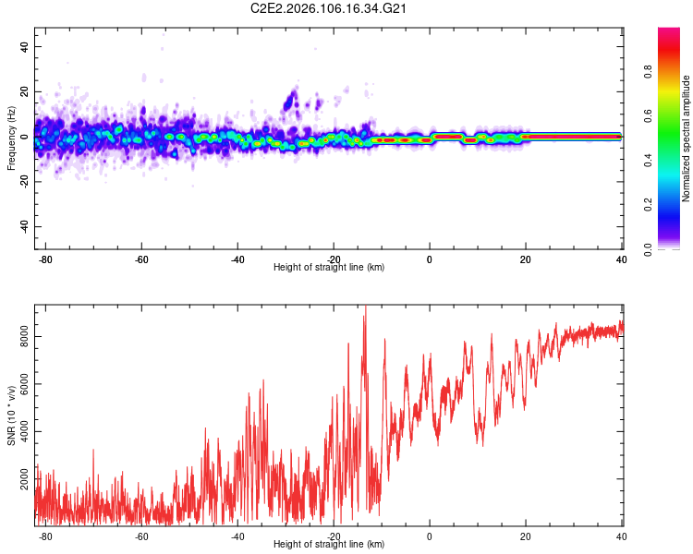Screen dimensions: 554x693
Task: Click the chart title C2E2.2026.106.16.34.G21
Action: click(329, 8)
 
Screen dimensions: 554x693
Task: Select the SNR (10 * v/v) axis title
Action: click(11, 415)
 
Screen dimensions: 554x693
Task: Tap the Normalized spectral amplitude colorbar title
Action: click(687, 138)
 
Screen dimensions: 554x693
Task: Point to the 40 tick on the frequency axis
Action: click(24, 46)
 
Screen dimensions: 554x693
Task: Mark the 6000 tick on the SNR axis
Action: click(24, 384)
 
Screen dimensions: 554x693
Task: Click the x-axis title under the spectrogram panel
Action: click(329, 268)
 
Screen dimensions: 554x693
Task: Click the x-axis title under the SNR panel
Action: click(329, 545)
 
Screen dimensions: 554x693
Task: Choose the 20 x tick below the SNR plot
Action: click(526, 536)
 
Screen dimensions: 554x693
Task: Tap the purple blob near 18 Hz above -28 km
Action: click(291, 97)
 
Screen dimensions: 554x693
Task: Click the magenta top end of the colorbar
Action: click(670, 30)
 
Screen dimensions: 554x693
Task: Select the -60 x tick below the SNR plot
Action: click(141, 536)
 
